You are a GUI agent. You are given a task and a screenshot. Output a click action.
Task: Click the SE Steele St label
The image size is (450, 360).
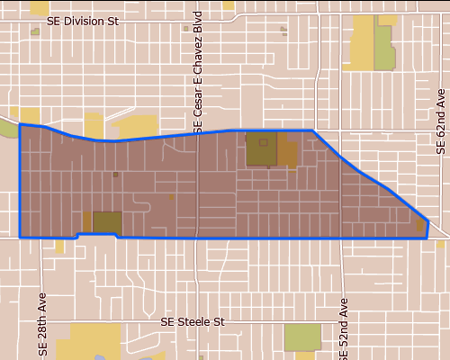[191, 320]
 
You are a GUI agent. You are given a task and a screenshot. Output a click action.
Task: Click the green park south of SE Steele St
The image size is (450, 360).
[302, 337]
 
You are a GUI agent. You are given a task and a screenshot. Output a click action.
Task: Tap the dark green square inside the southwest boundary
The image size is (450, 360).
[107, 222]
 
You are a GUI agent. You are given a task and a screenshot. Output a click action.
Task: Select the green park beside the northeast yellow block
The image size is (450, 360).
[385, 49]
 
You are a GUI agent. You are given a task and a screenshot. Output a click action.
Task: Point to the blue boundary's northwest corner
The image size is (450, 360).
[20, 124]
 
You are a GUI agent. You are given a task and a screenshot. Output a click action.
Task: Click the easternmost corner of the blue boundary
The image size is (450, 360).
[427, 220]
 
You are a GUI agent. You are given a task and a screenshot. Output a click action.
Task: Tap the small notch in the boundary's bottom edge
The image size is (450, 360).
[97, 235]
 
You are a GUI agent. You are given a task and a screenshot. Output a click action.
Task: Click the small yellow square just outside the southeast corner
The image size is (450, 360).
[440, 243]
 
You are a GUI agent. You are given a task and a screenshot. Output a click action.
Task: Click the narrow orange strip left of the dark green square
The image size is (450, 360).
[87, 221]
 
